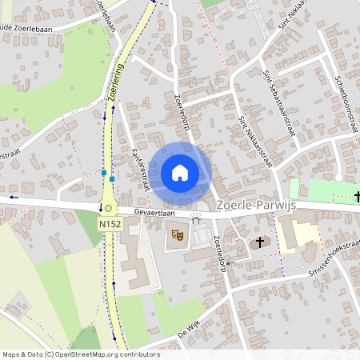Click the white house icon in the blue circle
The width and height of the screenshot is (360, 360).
[x=180, y=173]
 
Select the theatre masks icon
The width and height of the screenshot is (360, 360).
[x=178, y=235]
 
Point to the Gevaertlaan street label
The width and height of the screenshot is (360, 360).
[x=155, y=213]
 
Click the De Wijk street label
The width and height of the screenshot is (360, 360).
[x=188, y=330]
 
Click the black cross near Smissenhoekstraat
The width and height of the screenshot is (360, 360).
[x=259, y=241]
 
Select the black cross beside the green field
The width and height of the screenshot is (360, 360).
[x=357, y=196]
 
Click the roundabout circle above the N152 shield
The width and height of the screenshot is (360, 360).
[x=108, y=208]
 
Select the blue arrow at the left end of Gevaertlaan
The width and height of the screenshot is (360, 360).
[x=13, y=197]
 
